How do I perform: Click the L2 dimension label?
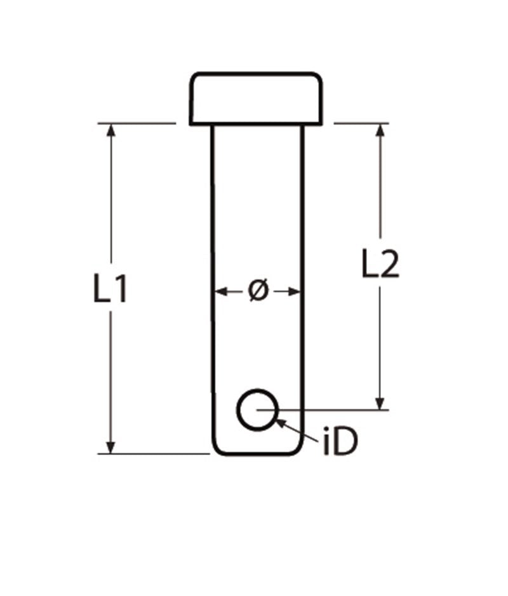[x=380, y=265]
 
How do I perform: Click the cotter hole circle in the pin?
[x=257, y=409]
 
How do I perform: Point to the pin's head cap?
[x=257, y=98]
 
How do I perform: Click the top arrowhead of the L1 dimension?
[x=112, y=129]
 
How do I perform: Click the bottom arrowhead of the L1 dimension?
[x=112, y=447]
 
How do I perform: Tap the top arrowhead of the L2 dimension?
[x=380, y=129]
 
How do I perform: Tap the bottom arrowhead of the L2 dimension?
[x=380, y=403]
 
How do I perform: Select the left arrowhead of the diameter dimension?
[x=220, y=291]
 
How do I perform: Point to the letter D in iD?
[x=346, y=442]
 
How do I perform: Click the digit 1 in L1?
[x=121, y=290]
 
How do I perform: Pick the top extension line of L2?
[x=362, y=123]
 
